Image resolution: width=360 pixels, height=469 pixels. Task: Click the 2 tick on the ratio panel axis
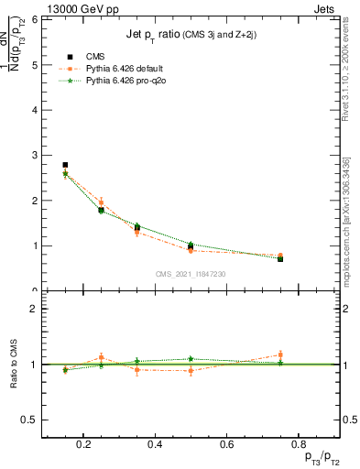click(34, 310)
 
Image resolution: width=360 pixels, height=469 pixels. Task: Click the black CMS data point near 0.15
click(65, 165)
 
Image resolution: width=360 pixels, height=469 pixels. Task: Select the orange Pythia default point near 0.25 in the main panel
click(101, 202)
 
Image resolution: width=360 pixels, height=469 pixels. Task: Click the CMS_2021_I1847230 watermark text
click(191, 274)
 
